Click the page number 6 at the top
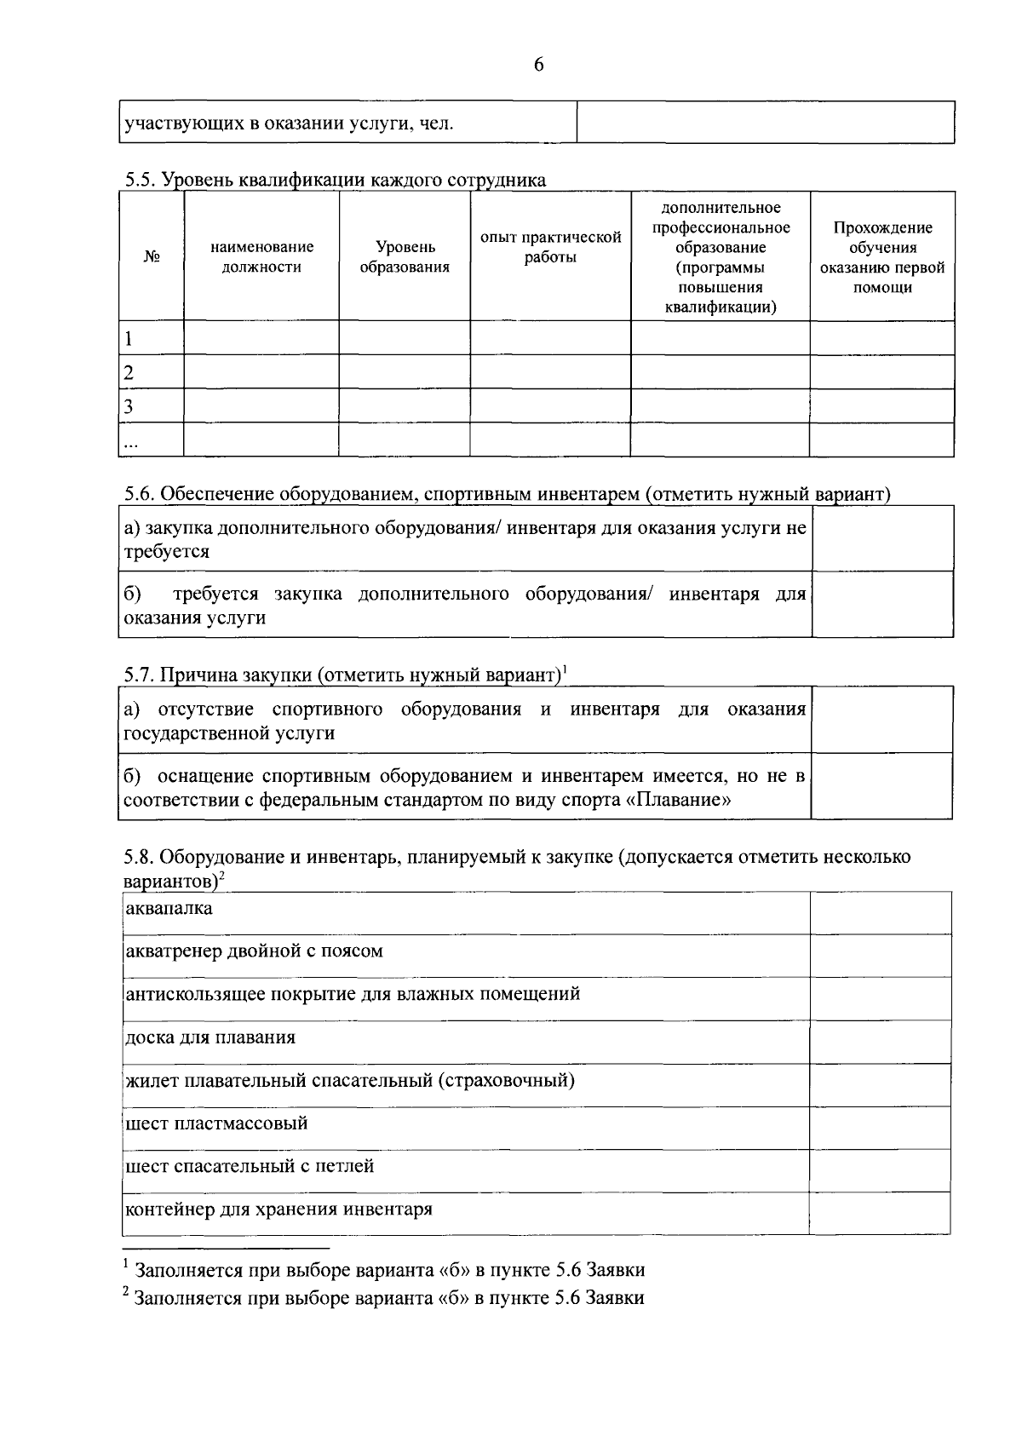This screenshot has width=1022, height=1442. click(538, 65)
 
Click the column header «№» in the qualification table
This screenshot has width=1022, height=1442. click(152, 256)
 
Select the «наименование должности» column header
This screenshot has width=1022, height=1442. click(261, 256)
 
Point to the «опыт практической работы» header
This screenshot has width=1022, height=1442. click(550, 247)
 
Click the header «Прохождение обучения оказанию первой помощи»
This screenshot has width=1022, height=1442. click(881, 256)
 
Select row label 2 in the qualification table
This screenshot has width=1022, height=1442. click(129, 372)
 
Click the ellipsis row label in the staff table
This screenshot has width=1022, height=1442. click(130, 441)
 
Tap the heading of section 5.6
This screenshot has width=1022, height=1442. click(507, 494)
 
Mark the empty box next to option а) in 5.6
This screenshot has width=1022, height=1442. click(882, 538)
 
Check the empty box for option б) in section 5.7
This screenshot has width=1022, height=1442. click(881, 786)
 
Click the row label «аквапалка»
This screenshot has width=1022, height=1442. click(169, 908)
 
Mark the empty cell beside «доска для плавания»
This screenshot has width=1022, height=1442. click(880, 1041)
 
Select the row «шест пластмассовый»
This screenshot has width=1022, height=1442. click(216, 1123)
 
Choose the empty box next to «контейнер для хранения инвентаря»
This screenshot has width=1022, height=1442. click(880, 1213)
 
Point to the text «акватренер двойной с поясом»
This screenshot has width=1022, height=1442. click(254, 951)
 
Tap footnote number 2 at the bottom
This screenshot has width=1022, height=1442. click(126, 1294)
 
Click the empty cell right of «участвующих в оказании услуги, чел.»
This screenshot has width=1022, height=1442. click(765, 123)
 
